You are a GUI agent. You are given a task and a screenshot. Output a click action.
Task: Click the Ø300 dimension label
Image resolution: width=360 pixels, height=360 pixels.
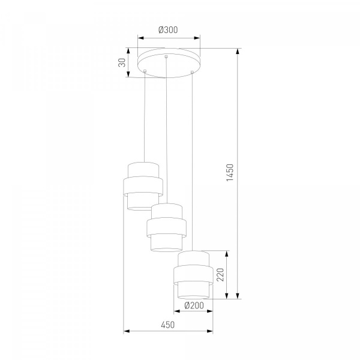tap(168, 30)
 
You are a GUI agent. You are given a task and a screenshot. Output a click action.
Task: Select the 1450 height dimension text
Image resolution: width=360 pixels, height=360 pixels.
tap(230, 172)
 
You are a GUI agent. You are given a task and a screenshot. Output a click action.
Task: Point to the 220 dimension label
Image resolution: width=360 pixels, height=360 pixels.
tap(220, 275)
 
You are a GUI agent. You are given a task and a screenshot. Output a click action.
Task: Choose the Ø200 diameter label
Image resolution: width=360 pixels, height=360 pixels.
tap(194, 305)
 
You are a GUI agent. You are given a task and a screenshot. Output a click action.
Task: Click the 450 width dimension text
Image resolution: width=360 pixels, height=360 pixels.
tap(168, 325)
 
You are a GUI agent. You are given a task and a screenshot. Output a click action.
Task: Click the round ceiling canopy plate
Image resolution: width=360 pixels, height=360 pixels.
tap(169, 62)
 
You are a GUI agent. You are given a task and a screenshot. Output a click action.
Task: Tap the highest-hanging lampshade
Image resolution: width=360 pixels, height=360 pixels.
tap(143, 186)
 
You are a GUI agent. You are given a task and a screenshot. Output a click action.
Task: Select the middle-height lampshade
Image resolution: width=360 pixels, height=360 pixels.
tap(166, 227)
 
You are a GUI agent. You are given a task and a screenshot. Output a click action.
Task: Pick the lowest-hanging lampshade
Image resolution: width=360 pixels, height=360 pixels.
tap(194, 275)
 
